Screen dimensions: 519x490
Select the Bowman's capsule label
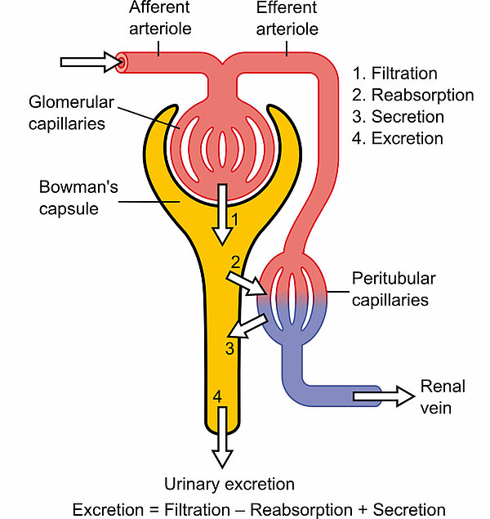coord(80,197)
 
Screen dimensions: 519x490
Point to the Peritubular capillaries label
coord(390,289)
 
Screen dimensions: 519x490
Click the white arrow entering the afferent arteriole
coord(88,62)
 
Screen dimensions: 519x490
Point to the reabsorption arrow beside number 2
coord(246,282)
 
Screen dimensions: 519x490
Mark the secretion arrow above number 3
coord(246,324)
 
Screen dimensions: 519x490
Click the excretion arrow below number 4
coord(220,445)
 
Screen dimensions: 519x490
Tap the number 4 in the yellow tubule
coord(217,396)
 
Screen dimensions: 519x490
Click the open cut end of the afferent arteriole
coord(122,61)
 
